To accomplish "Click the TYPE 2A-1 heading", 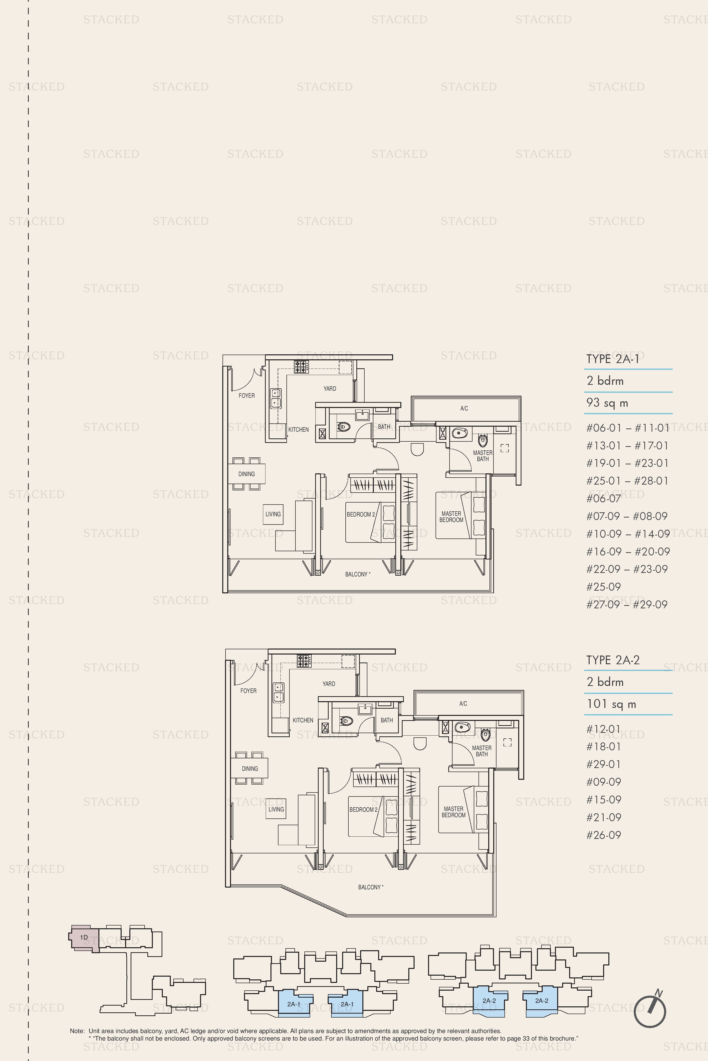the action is pyautogui.click(x=613, y=359).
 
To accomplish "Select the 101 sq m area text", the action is pyautogui.click(x=611, y=704).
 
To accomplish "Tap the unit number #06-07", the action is pyautogui.click(x=604, y=499).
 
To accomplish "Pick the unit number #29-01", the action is pyautogui.click(x=604, y=764).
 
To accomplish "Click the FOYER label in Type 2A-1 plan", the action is pyautogui.click(x=246, y=396).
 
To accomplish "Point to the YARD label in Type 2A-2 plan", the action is pyautogui.click(x=329, y=684).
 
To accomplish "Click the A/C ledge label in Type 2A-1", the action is pyautogui.click(x=464, y=409).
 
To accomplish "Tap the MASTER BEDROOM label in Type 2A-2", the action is pyautogui.click(x=453, y=812).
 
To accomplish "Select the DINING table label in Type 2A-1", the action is pyautogui.click(x=246, y=474).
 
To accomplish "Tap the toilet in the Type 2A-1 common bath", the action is pyautogui.click(x=344, y=426).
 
